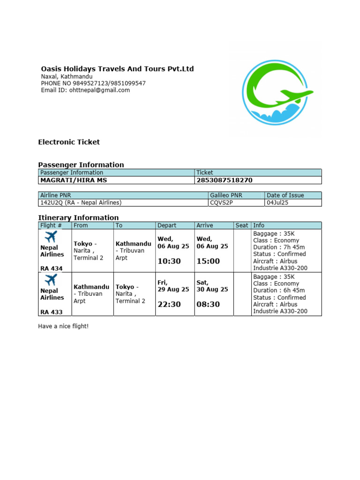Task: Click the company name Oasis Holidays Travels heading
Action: (x=117, y=69)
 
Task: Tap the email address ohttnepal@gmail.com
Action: (x=85, y=90)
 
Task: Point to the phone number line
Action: (x=93, y=83)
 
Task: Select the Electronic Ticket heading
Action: (x=69, y=142)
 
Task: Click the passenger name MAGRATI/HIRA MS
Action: (x=74, y=180)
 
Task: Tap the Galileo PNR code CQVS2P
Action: (x=221, y=202)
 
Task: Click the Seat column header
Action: (x=242, y=225)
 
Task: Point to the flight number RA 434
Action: (x=51, y=269)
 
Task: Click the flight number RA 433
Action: (x=51, y=312)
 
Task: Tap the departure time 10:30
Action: (x=169, y=261)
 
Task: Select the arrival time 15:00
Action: (x=208, y=261)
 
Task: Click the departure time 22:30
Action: (x=169, y=304)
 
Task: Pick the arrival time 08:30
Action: (x=208, y=304)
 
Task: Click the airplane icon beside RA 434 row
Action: (x=51, y=236)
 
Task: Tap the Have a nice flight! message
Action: (x=63, y=326)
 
